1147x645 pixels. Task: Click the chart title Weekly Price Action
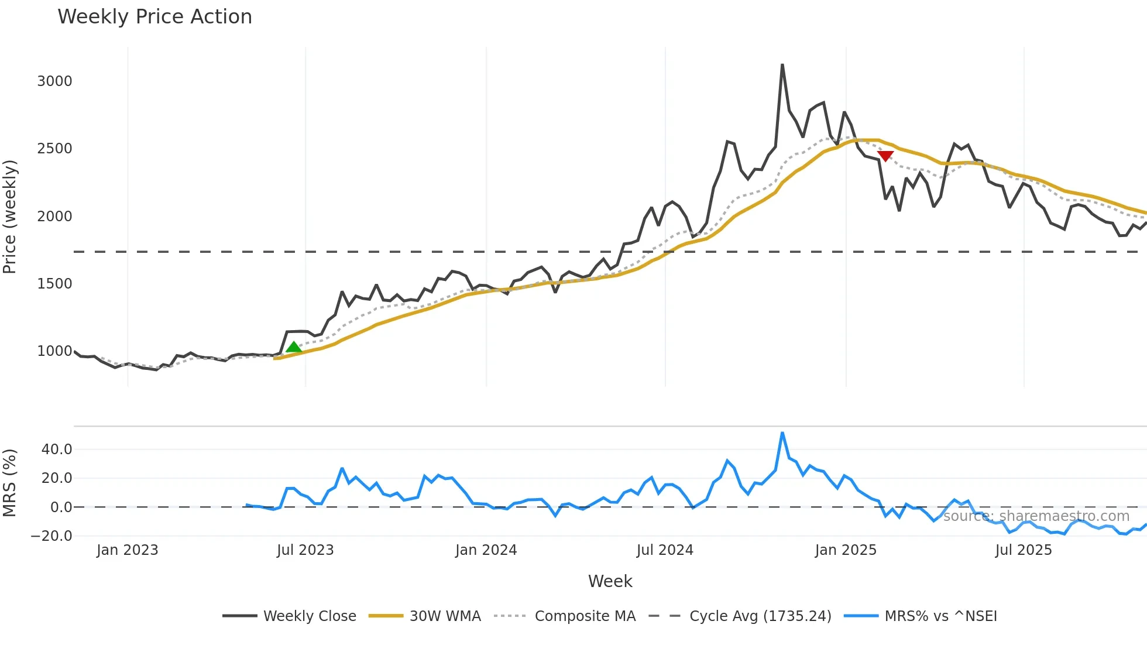154,17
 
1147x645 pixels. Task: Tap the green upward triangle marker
294,347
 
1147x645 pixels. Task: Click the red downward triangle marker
885,156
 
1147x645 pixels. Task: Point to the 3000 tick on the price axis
54,81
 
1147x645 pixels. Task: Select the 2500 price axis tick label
54,149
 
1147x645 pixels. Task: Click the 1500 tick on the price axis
54,284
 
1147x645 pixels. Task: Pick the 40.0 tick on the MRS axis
57,450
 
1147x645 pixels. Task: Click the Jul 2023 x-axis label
305,550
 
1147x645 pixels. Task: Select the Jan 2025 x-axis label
846,550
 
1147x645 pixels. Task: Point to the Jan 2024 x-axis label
486,550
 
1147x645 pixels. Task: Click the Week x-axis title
610,581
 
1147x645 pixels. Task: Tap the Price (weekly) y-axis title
10,217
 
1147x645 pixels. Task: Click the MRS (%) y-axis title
10,483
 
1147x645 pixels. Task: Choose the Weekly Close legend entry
309,616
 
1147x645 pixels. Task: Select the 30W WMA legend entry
445,616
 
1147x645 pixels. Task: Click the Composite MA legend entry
585,616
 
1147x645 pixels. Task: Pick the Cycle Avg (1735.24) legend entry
760,616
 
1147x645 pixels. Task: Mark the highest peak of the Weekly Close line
782,65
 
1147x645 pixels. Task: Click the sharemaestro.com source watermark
1036,516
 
